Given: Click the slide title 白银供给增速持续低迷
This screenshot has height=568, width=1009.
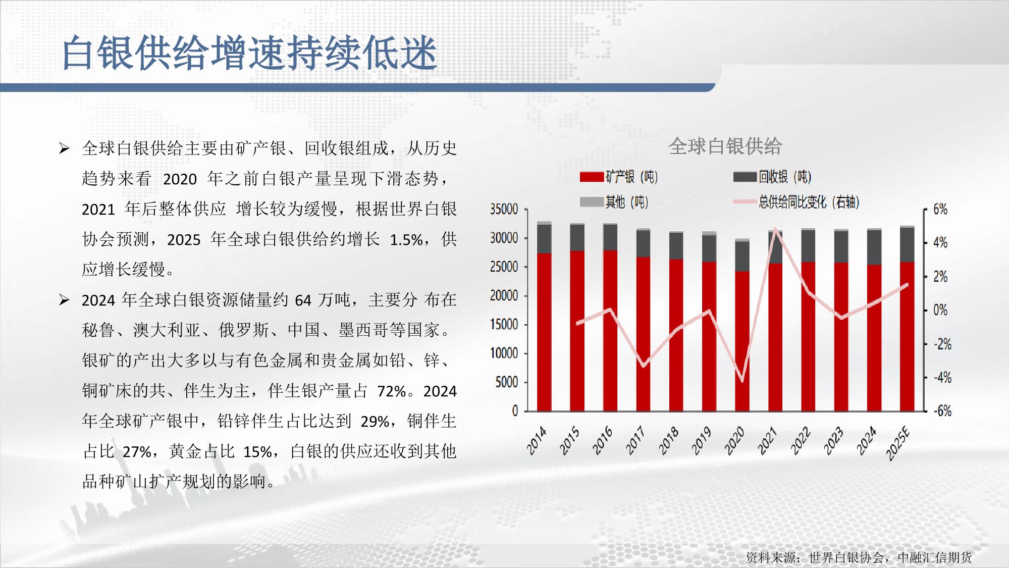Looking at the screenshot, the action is [x=249, y=53].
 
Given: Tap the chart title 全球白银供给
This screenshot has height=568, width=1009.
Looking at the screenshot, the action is [x=725, y=146].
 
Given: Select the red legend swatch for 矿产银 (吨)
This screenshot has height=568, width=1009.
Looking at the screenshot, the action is [x=592, y=177].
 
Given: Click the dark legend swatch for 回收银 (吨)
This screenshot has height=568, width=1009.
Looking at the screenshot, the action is [x=745, y=177].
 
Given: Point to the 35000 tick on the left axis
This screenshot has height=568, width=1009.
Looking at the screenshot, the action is [x=504, y=209].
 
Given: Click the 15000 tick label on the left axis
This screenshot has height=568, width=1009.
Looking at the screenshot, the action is [x=504, y=325].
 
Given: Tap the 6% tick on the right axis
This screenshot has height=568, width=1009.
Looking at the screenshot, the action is [x=940, y=209].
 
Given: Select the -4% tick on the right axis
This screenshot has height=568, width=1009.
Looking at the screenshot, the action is [x=942, y=377].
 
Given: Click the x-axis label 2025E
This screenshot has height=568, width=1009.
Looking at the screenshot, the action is [x=898, y=443].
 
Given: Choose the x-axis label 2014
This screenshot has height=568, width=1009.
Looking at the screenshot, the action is [x=537, y=440].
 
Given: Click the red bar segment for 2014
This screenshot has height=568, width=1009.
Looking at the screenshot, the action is [x=544, y=332].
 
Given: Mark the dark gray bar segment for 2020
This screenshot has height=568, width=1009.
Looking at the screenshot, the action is [x=742, y=256].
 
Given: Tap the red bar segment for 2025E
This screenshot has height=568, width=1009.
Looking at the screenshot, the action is [x=907, y=336].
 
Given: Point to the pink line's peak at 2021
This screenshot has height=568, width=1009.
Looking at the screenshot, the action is [x=775, y=229].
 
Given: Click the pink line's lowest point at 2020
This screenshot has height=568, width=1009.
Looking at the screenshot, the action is [x=742, y=381].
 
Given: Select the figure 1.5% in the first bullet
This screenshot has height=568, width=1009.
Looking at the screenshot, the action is [x=406, y=239].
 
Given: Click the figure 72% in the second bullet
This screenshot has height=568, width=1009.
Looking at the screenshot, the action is [x=392, y=391].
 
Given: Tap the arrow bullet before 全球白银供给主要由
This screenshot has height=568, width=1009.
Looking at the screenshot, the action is [x=64, y=148].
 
